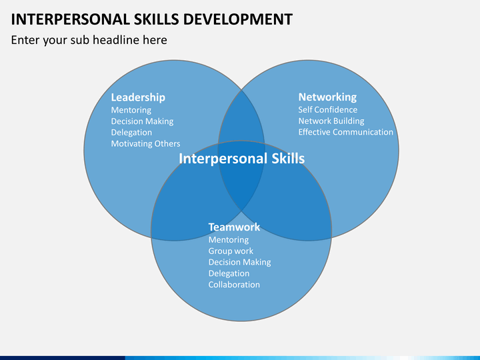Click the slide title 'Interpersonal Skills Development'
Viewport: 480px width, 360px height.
pos(152,19)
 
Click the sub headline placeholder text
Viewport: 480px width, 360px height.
pos(89,40)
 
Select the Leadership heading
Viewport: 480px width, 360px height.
pos(138,97)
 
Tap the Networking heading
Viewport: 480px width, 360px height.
pos(327,97)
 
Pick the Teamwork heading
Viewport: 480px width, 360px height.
pos(234,227)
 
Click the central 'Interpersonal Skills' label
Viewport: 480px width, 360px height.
pos(242,159)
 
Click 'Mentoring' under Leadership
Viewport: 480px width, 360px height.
pos(131,110)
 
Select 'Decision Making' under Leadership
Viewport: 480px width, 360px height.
pos(142,121)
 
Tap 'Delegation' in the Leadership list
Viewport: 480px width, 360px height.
pos(131,133)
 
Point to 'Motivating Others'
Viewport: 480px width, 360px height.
pos(145,143)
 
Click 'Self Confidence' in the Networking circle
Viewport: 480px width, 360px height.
pos(328,109)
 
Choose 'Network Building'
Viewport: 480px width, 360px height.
pos(331,121)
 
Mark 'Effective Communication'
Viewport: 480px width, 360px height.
pos(345,132)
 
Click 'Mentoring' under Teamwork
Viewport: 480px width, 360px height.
pos(229,240)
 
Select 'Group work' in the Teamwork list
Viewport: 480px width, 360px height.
pos(231,251)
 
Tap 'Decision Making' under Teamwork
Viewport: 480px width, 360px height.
pos(240,263)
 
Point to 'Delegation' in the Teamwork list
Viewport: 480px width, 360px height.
pos(229,273)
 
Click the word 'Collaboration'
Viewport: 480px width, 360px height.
pos(234,285)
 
